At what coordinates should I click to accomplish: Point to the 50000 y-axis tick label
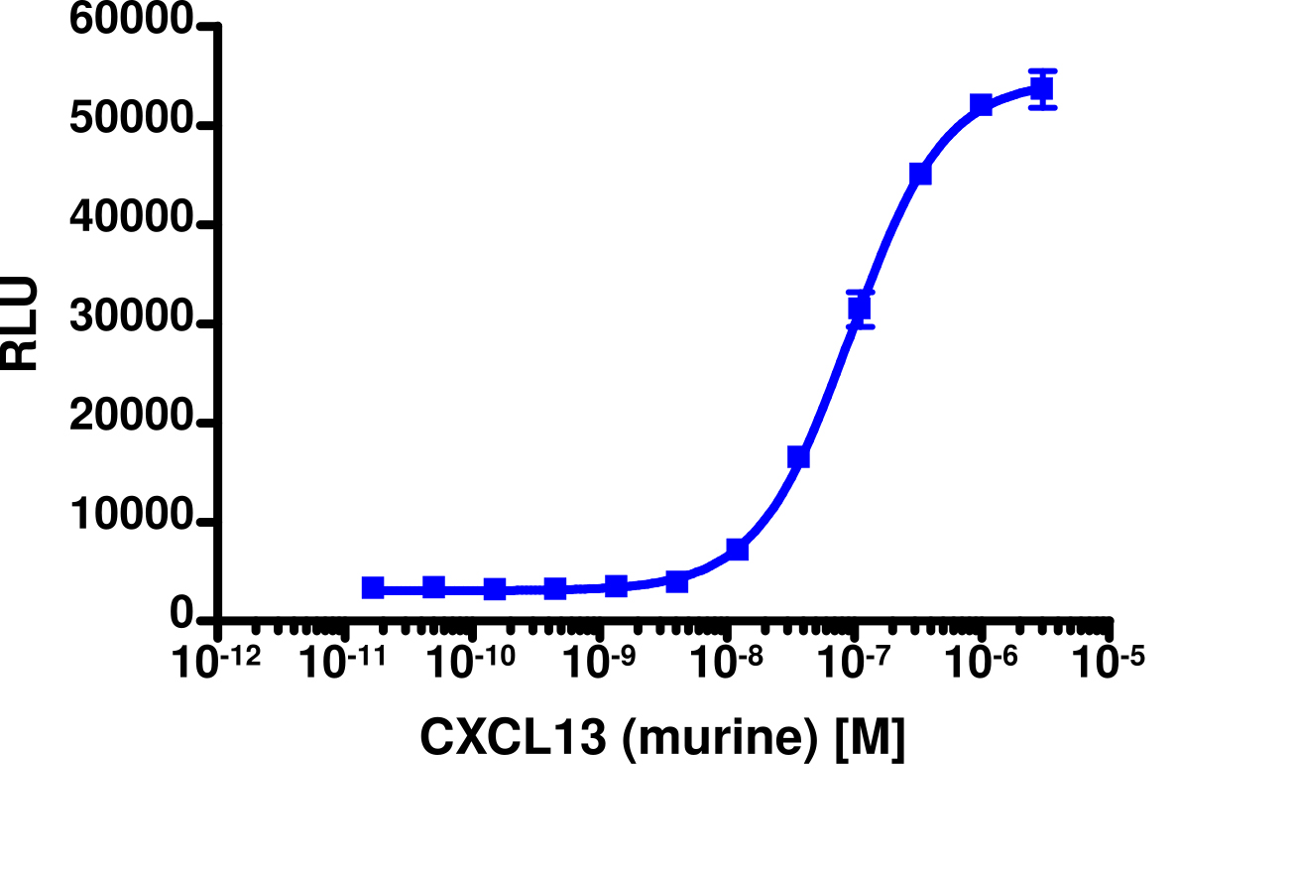pos(129,123)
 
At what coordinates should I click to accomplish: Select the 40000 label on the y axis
pos(129,222)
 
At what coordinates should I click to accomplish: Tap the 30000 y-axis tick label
pos(129,320)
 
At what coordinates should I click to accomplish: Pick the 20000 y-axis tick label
pos(129,420)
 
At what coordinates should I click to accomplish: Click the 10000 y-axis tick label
pos(129,519)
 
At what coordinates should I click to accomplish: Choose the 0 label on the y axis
pos(181,617)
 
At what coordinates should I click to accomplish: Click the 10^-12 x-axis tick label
pos(217,663)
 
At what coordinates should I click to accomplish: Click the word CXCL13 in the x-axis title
pos(513,739)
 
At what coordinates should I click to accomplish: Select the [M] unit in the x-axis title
pos(871,739)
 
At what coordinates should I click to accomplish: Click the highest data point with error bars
pos(1041,89)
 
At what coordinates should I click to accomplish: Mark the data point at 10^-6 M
pos(981,105)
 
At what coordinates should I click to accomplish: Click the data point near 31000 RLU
pos(860,309)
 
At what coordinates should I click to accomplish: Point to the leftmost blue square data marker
pos(373,588)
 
